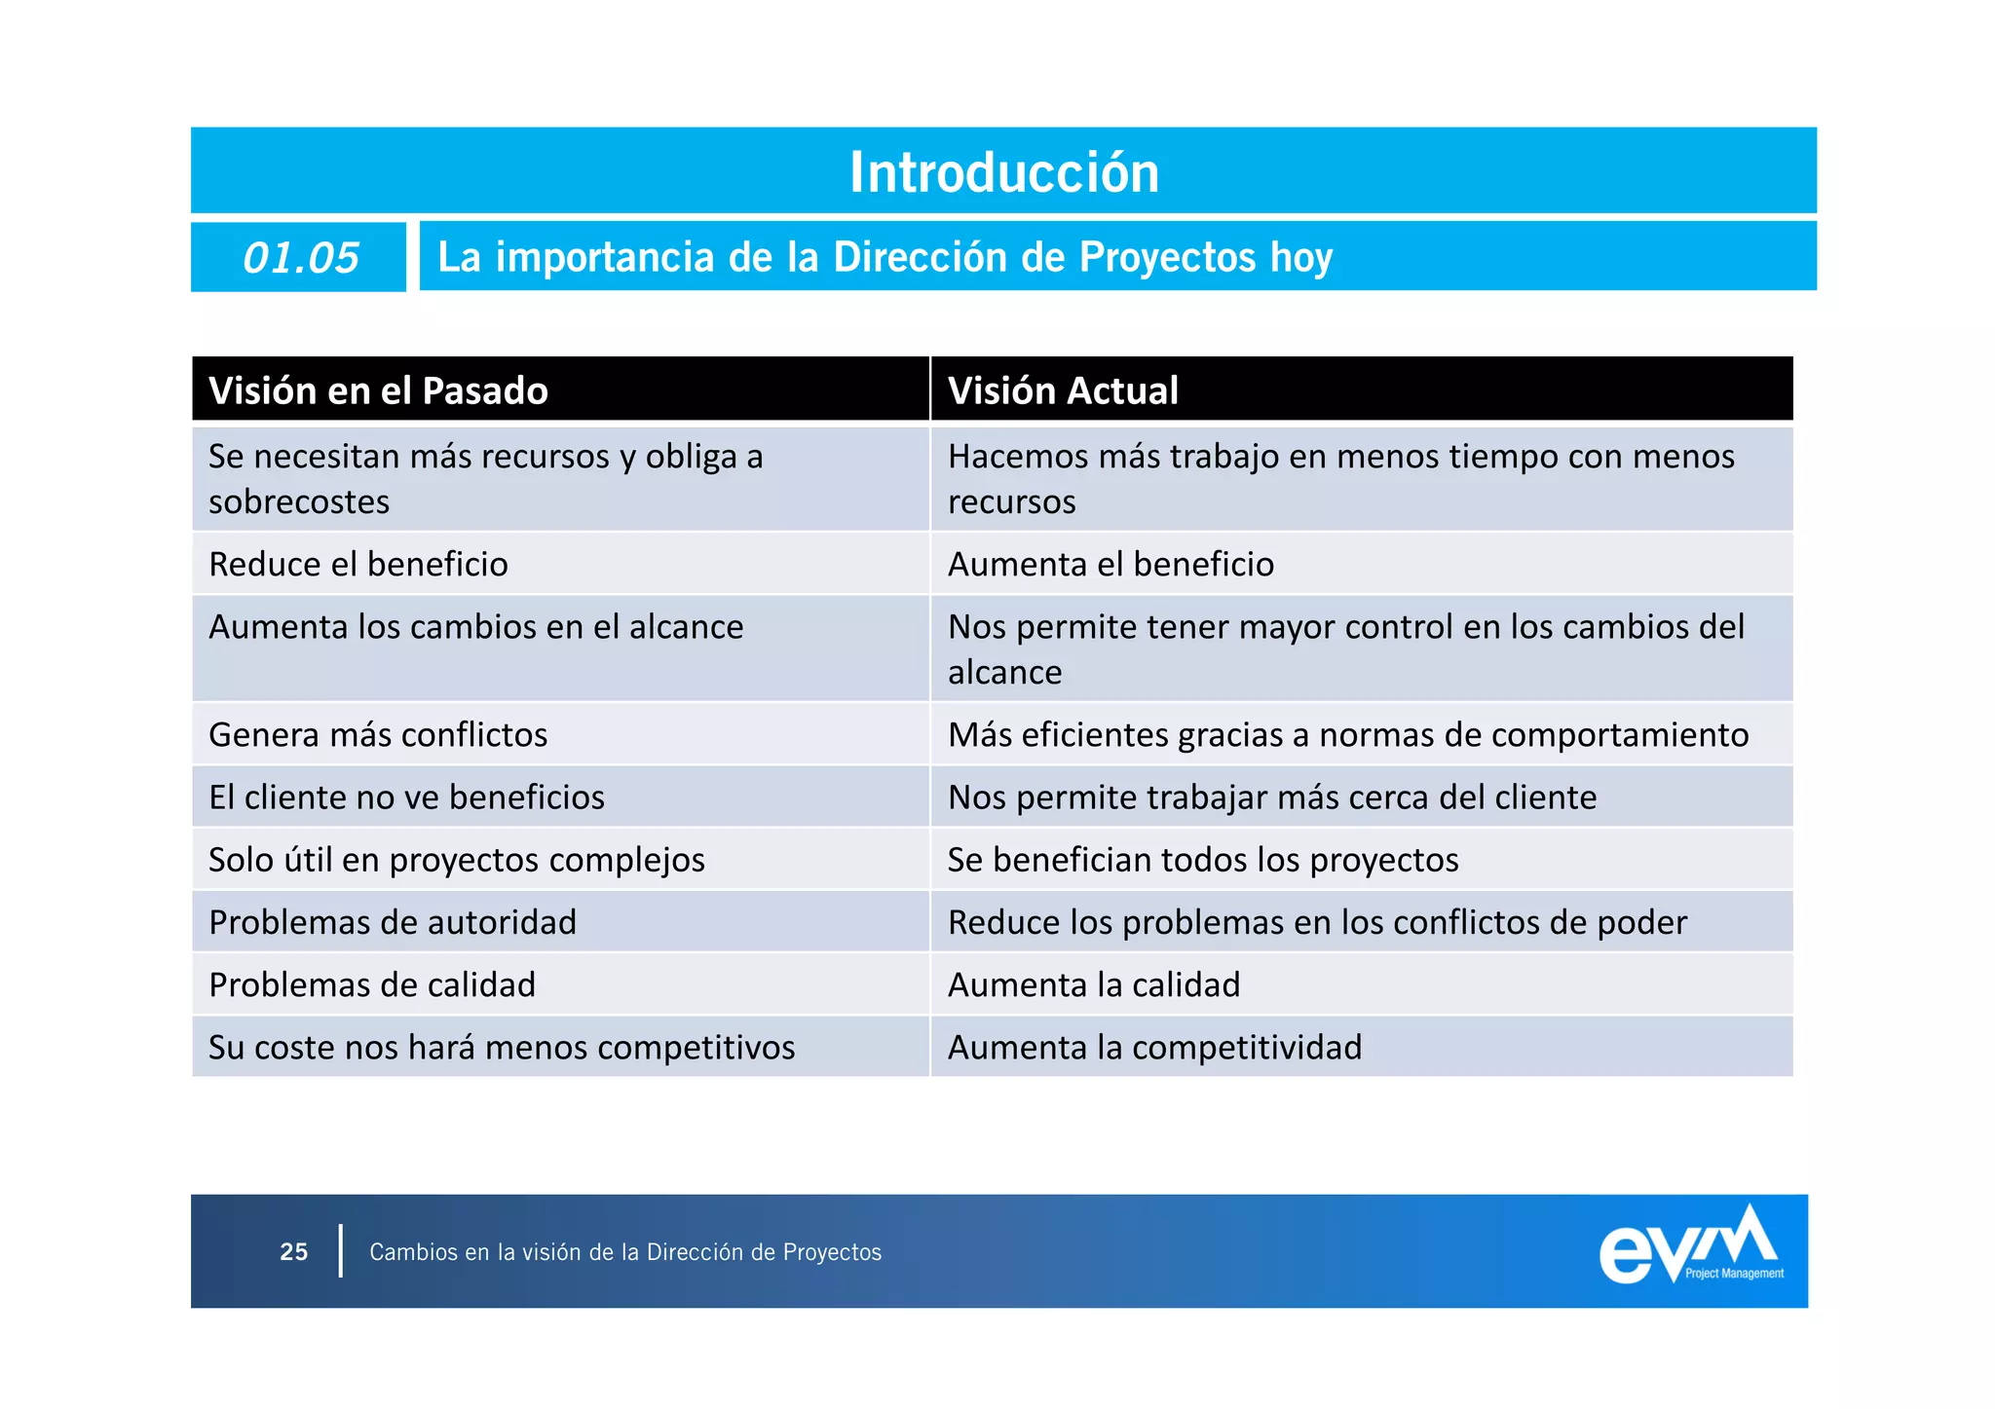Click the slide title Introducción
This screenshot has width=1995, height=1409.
coord(1003,172)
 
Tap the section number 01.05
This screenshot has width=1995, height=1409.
coord(300,258)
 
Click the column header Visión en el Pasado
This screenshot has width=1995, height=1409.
coord(378,390)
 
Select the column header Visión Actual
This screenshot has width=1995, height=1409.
coord(1063,390)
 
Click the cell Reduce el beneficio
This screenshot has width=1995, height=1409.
coord(358,565)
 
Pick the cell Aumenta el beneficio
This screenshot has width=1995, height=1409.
coord(1110,565)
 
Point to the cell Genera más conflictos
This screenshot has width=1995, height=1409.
coord(378,735)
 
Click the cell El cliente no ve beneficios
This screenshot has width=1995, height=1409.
coord(406,797)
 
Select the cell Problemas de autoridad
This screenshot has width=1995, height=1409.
coord(393,922)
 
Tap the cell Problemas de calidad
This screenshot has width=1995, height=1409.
coord(372,984)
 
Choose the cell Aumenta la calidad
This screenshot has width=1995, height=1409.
coord(1094,984)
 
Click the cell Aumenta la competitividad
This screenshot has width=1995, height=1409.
coord(1154,1048)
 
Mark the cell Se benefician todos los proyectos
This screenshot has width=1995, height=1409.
coord(1203,860)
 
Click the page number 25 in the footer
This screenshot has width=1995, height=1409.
coord(293,1252)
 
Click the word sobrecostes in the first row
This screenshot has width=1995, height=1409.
coord(299,502)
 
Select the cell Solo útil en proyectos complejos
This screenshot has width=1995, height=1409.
coord(457,860)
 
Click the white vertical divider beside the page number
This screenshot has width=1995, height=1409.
coord(341,1251)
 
